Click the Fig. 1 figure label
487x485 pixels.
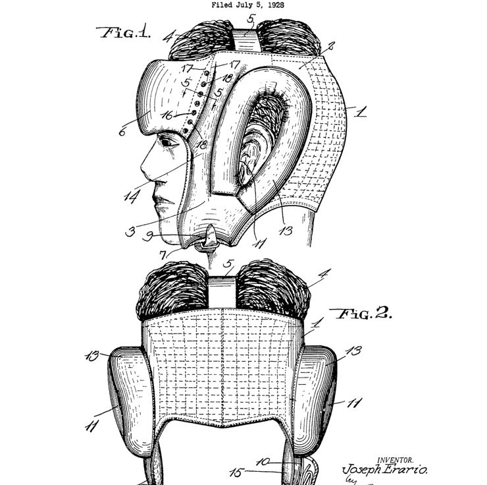(124, 32)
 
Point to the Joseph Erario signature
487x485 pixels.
(385, 470)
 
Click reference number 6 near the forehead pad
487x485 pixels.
(122, 132)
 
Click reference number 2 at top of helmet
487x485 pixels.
(330, 46)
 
